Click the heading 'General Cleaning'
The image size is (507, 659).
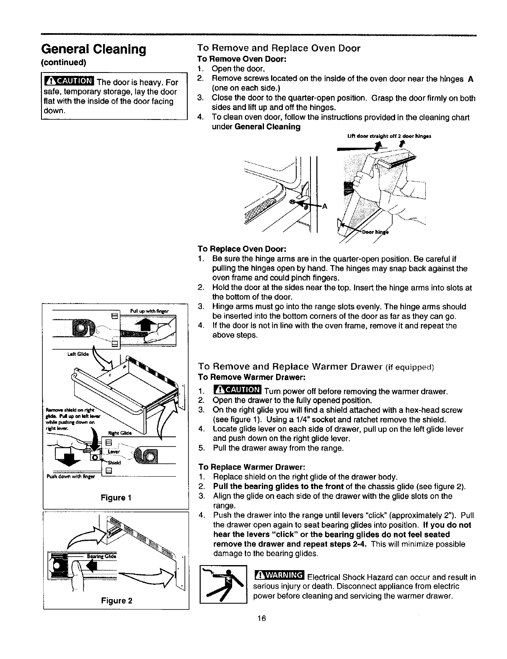tap(93, 49)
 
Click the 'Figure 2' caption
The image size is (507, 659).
tap(116, 600)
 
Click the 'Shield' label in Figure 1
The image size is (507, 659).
tap(114, 463)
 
